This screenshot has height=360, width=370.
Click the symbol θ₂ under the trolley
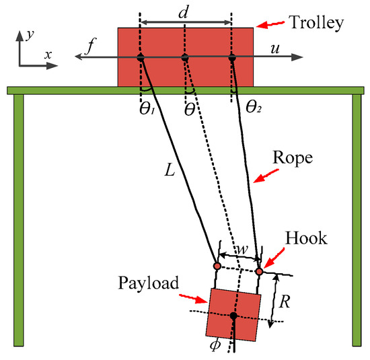[252, 106]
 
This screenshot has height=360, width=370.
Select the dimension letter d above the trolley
[186, 13]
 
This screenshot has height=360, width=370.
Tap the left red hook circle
[217, 266]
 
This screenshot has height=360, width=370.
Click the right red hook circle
[259, 271]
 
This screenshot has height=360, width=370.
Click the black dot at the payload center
[233, 315]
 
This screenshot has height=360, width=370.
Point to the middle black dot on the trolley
[186, 59]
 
